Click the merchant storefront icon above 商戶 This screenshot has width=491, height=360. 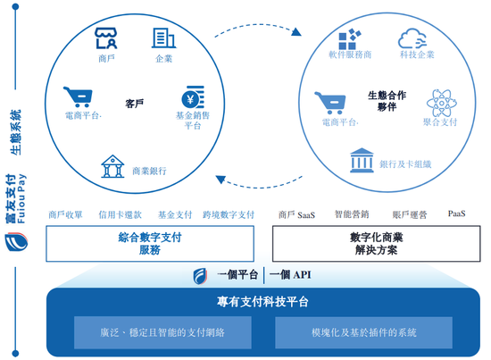(x=106, y=38)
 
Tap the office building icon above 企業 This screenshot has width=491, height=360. (x=163, y=38)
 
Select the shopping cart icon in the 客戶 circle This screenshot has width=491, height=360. (x=78, y=96)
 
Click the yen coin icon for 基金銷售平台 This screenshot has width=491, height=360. (x=193, y=97)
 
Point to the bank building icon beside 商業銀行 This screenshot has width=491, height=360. (x=112, y=166)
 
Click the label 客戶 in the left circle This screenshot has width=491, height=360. (x=134, y=104)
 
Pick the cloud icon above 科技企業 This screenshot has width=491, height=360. (x=412, y=38)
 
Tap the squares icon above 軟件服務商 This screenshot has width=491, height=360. (x=350, y=38)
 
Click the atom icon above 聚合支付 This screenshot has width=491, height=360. (x=442, y=103)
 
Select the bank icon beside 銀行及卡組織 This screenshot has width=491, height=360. (x=362, y=160)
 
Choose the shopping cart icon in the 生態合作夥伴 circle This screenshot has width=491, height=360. (x=330, y=103)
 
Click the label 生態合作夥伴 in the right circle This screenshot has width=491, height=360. (x=387, y=101)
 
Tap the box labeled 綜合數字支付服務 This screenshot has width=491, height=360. (x=150, y=244)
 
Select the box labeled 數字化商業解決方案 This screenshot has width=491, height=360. (x=377, y=244)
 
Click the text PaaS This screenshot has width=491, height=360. (x=456, y=213)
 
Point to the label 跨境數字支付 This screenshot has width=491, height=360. (x=229, y=214)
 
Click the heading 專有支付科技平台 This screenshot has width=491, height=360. (x=262, y=302)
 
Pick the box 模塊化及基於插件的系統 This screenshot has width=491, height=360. (x=363, y=332)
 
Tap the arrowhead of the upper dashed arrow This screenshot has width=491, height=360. (x=296, y=32)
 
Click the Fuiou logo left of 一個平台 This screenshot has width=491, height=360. (x=200, y=276)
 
